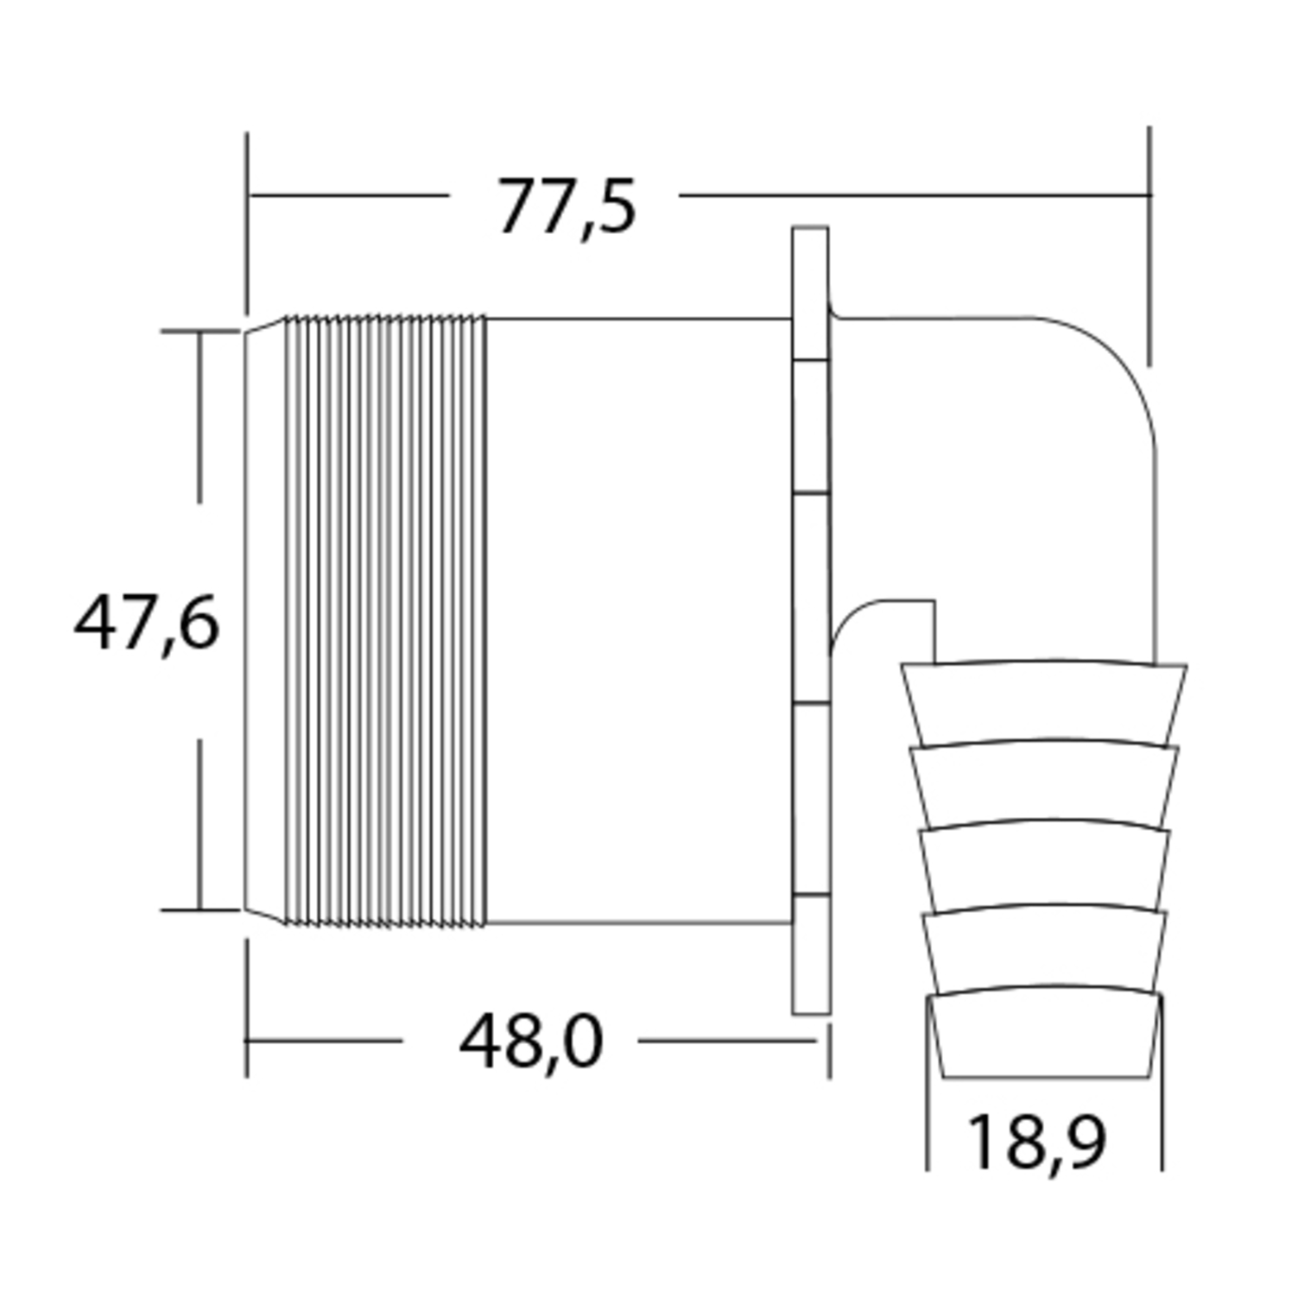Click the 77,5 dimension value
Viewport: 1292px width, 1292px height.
[567, 207]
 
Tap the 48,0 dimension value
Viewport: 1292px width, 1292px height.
[530, 1042]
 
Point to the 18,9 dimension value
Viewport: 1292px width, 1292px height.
[1036, 1142]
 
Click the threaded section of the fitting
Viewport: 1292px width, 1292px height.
[385, 620]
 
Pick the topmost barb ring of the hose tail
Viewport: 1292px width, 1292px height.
[1043, 703]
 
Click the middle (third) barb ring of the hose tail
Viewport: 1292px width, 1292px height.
[1044, 866]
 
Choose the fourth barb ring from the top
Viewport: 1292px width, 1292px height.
[1044, 949]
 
